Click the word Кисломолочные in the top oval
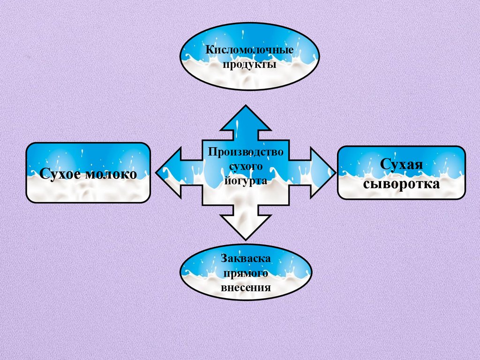(x=249, y=50)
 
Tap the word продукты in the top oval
(x=249, y=64)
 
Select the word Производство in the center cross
(x=246, y=152)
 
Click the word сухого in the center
(x=246, y=166)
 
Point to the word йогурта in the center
(x=246, y=180)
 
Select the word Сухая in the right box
(x=401, y=165)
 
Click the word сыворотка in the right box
(x=401, y=183)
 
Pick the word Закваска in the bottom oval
(x=246, y=258)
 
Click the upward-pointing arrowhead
(x=246, y=120)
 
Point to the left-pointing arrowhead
(x=169, y=172)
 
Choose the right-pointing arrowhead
(x=323, y=172)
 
